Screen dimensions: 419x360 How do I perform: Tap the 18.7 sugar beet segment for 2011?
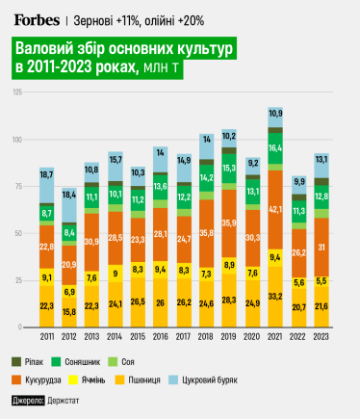pos(46,174)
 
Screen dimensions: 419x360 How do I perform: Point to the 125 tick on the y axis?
pos(18,92)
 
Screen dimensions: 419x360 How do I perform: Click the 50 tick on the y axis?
pos(19,234)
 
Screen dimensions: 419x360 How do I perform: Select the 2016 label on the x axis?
pos(161,338)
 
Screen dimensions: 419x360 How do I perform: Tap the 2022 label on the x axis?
pos(299,338)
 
